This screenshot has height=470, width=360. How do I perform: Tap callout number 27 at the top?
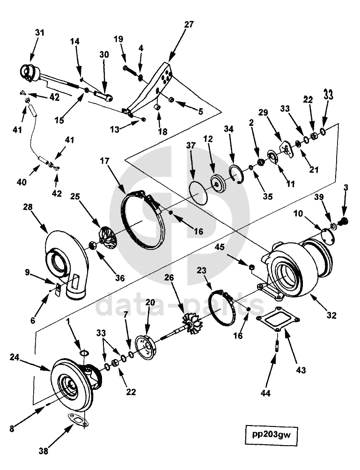(189, 25)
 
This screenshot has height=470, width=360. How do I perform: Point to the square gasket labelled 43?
(276, 319)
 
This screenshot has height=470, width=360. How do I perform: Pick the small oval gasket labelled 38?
(78, 420)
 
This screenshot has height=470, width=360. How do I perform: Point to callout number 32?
(331, 316)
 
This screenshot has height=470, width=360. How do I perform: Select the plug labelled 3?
(344, 222)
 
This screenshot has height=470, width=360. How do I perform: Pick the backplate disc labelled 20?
(146, 348)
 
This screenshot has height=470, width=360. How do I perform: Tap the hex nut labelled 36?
(93, 245)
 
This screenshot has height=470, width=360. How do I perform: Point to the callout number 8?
(12, 429)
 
